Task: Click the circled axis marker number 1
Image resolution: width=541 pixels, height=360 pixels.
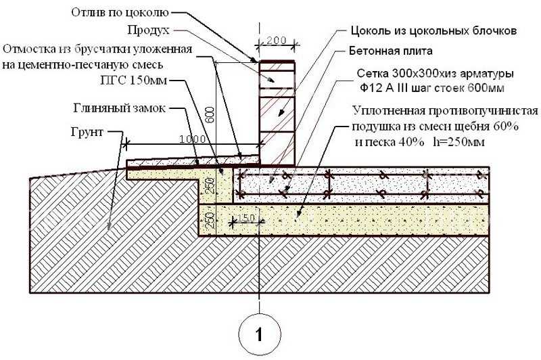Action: [260, 334]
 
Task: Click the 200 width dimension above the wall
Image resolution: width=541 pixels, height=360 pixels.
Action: [277, 41]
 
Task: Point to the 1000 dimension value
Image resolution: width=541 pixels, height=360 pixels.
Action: [193, 139]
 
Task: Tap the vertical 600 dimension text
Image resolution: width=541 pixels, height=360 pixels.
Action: [210, 114]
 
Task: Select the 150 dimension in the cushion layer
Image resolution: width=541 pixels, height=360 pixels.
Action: [246, 218]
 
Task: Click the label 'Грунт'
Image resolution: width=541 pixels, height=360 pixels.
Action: [87, 132]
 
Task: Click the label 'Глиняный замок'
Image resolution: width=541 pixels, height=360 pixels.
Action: [120, 108]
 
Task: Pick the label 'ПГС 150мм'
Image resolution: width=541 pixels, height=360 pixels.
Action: [133, 81]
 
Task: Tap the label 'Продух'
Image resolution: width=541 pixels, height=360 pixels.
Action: [148, 30]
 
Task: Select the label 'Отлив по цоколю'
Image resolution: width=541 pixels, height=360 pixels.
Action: [120, 13]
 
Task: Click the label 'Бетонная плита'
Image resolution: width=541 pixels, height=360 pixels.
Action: [391, 51]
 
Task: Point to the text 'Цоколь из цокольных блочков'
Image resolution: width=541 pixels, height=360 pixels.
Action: [433, 30]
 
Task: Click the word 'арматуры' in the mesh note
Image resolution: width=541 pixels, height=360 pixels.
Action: [487, 74]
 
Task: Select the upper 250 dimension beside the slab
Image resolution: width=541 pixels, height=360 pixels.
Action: [210, 185]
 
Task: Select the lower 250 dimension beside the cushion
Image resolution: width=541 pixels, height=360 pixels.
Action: [210, 219]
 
